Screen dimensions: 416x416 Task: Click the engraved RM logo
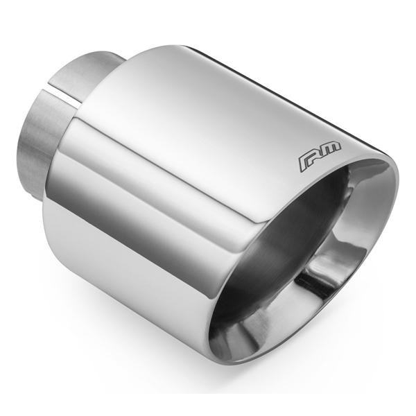tap(320, 157)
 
